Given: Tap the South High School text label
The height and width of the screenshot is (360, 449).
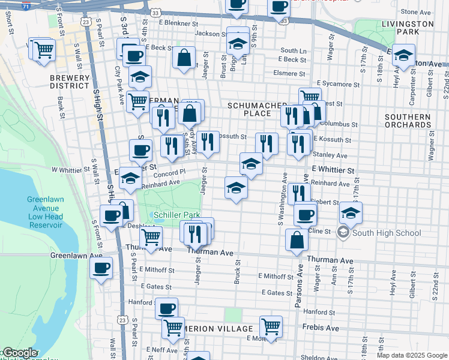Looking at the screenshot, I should pyautogui.click(x=384, y=233).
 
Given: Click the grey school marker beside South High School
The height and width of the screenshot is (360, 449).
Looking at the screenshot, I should pyautogui.click(x=344, y=232).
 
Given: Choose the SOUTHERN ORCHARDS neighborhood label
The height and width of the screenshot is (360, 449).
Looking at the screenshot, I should pyautogui.click(x=408, y=121).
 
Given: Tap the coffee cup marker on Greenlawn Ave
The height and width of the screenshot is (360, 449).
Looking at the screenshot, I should pyautogui.click(x=101, y=266).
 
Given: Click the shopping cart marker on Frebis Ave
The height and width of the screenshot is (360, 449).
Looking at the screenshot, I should pyautogui.click(x=271, y=326).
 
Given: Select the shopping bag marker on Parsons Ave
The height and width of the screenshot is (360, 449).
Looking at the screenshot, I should pyautogui.click(x=297, y=239).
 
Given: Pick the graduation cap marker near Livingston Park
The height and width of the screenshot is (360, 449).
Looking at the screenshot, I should pyautogui.click(x=404, y=56).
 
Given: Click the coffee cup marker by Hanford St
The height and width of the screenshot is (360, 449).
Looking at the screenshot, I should pyautogui.click(x=167, y=308).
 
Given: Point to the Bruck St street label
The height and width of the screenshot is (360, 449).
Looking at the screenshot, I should pyautogui.click(x=237, y=272).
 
